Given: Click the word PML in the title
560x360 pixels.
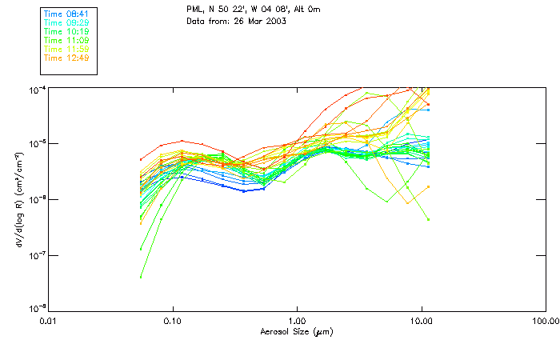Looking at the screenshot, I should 195,8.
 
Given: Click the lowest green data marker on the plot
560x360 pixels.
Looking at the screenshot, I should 141,277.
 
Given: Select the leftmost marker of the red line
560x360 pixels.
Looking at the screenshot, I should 141,159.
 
